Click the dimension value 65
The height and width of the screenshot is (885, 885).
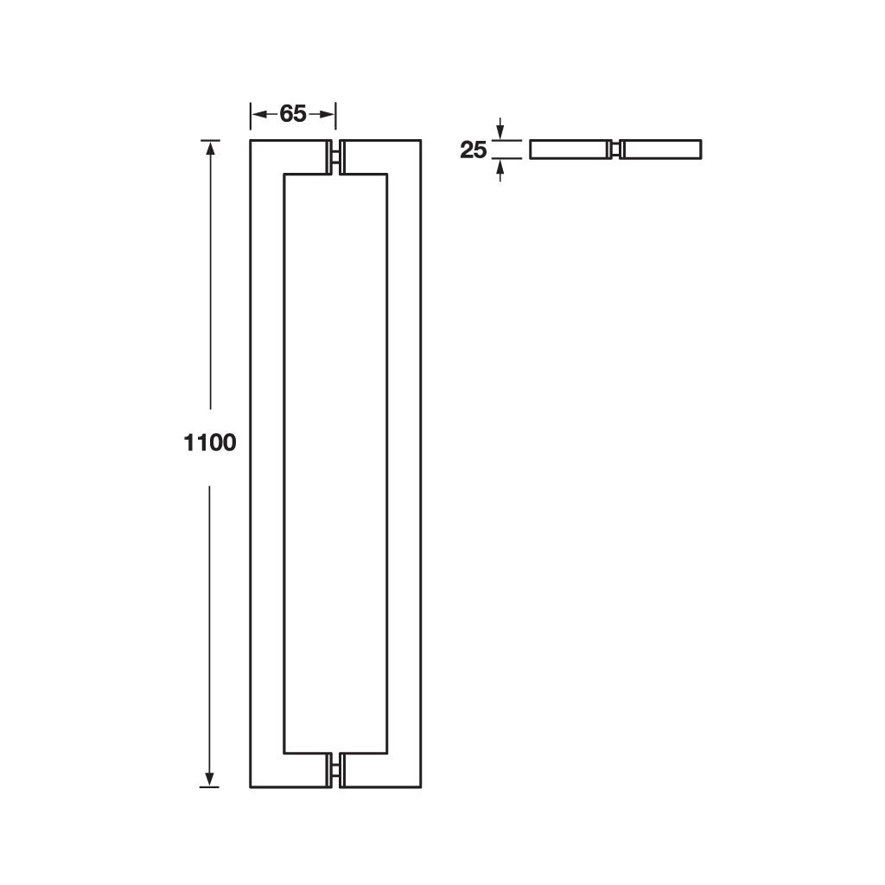293,113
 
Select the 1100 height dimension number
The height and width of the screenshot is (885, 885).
210,442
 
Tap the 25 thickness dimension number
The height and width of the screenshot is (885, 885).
474,150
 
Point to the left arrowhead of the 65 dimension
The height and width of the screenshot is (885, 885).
258,113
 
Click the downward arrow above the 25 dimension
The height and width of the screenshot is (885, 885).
500,131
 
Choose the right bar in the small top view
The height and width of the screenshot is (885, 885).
662,150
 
